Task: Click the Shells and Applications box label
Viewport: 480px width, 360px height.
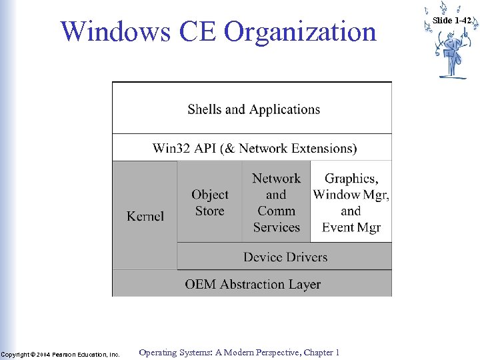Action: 253,109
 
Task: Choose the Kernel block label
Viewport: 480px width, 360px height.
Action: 145,216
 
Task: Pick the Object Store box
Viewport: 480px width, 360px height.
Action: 210,203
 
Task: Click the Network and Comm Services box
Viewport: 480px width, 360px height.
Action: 276,203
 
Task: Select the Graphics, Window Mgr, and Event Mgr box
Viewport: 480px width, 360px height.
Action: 351,203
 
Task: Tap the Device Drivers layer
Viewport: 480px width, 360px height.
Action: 285,257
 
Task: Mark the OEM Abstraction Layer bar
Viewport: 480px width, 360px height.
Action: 253,284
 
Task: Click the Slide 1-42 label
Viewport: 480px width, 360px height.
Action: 451,21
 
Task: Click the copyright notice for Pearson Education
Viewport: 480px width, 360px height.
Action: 60,354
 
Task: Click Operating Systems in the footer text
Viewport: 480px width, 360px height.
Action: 170,353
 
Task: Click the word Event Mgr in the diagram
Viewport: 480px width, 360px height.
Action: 351,227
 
